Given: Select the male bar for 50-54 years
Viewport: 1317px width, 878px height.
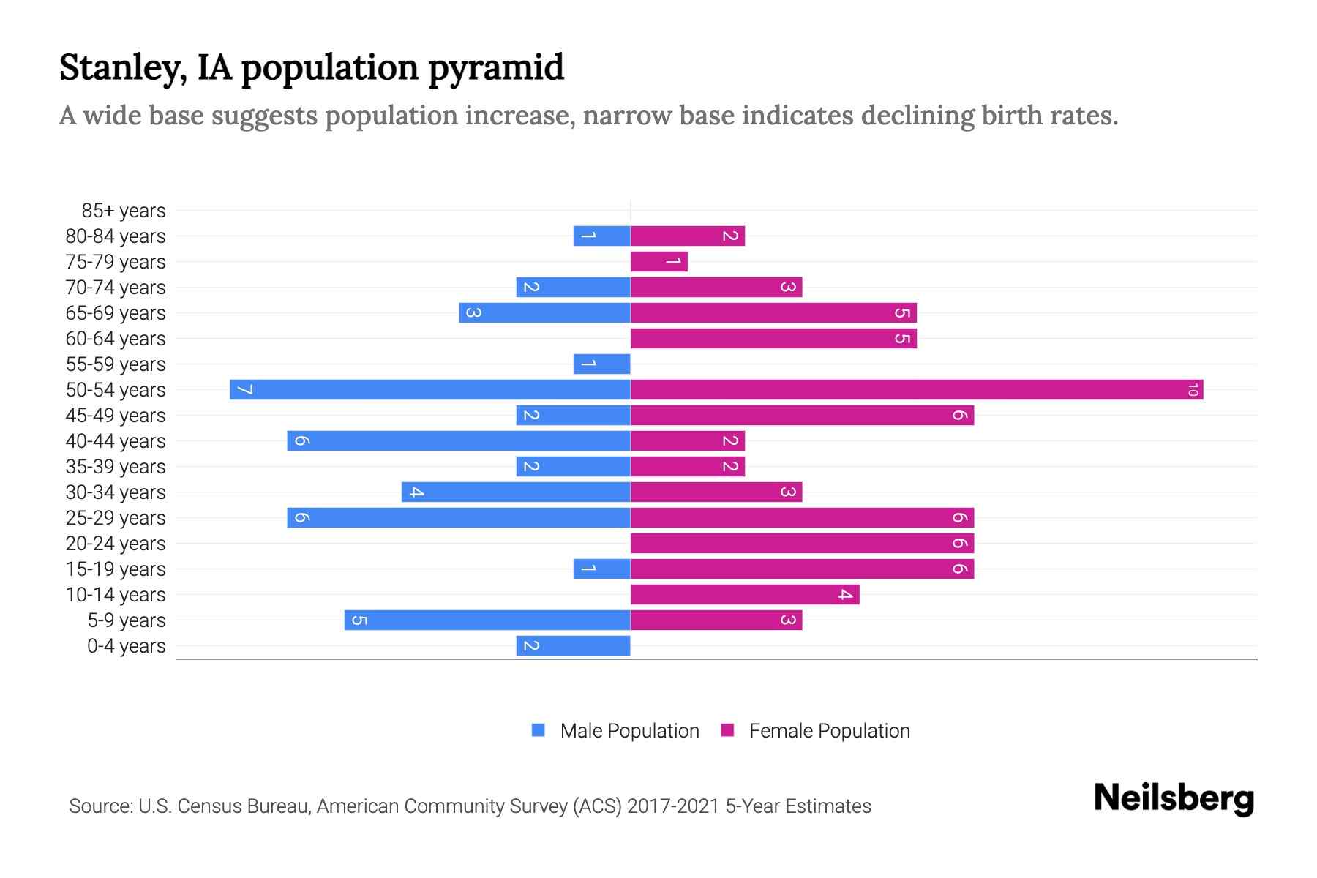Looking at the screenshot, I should [430, 389].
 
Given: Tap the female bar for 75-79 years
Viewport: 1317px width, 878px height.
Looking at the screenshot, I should [658, 261].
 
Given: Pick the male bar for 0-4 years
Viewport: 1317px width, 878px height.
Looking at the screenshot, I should [573, 645].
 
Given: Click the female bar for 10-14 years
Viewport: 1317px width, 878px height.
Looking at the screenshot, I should [745, 594].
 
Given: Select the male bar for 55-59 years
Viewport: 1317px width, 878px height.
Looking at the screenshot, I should [601, 364].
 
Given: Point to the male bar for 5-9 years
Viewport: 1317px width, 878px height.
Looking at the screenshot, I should [487, 620].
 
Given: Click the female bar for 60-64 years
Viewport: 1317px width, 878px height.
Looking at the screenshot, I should [773, 338].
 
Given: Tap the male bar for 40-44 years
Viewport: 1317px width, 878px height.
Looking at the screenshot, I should [459, 440].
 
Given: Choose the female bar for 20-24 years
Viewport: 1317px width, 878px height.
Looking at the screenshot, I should [802, 543].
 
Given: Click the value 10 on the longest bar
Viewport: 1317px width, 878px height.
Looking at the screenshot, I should [1193, 390].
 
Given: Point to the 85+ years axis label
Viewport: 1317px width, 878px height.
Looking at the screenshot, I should [123, 211].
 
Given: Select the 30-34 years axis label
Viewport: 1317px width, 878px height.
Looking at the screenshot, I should [116, 492].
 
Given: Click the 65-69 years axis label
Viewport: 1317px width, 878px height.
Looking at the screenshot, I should [116, 313].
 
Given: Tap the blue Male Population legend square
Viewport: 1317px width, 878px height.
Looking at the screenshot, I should [539, 730].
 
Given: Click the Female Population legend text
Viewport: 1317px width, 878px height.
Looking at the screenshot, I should [829, 731].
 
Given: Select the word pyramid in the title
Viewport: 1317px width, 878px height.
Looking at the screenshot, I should [495, 68].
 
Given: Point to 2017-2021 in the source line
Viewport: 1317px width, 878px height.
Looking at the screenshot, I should [673, 806].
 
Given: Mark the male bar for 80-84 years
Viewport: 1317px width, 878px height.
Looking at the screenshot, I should [601, 236].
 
